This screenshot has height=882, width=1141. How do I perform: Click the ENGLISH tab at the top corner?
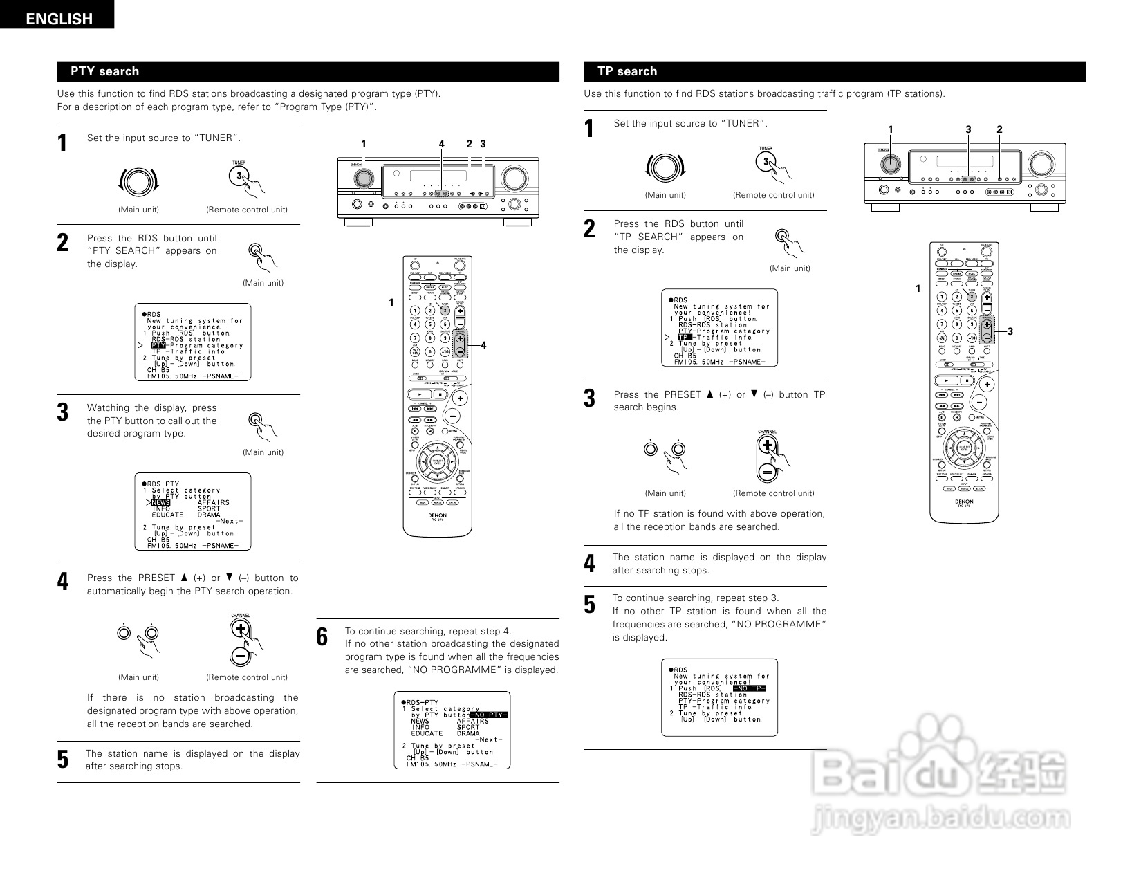pyautogui.click(x=59, y=19)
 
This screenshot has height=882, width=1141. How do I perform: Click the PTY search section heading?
pyautogui.click(x=104, y=71)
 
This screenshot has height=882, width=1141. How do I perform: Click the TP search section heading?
pyautogui.click(x=627, y=71)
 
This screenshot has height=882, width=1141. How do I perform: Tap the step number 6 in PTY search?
pyautogui.click(x=322, y=637)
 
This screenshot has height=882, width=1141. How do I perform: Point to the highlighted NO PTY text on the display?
pyautogui.click(x=488, y=715)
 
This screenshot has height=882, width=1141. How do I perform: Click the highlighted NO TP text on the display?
pyautogui.click(x=750, y=688)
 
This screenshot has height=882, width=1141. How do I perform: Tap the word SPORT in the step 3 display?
pyautogui.click(x=209, y=508)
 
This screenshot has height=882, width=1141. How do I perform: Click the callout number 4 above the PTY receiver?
pyautogui.click(x=441, y=144)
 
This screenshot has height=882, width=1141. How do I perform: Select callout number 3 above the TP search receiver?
pyautogui.click(x=968, y=129)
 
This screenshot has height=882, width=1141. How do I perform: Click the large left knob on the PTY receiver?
pyautogui.click(x=362, y=178)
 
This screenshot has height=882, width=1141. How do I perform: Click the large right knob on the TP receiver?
pyautogui.click(x=1040, y=163)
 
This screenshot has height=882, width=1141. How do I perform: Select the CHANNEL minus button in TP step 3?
pyautogui.click(x=767, y=471)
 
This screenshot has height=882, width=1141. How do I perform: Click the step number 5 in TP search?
pyautogui.click(x=589, y=605)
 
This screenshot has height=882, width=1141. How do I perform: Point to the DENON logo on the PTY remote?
pyautogui.click(x=436, y=515)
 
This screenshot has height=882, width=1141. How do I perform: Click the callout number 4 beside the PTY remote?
pyautogui.click(x=484, y=344)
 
